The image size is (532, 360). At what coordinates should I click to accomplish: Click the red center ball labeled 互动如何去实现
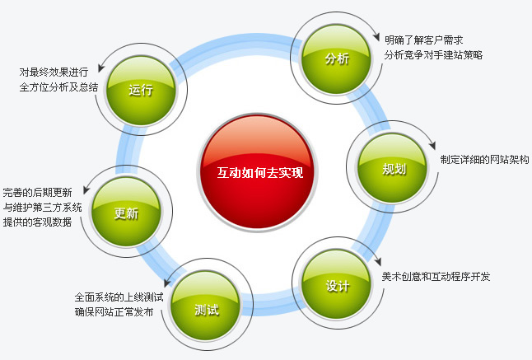pos(258,173)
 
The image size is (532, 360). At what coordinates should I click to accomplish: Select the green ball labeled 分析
pos(336,58)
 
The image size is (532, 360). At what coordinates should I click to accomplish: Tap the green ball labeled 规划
pos(392,168)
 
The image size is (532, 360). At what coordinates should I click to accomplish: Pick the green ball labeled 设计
pos(336,284)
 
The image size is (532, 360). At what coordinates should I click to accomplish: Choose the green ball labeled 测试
pos(205,306)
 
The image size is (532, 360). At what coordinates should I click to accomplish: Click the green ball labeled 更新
pos(126,212)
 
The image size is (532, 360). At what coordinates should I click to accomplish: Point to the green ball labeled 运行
pos(141,90)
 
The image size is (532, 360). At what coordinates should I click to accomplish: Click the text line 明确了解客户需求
pos(424,40)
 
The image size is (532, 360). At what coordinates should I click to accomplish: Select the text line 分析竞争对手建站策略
pos(433,55)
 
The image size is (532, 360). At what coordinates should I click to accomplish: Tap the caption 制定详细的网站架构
pos(484,160)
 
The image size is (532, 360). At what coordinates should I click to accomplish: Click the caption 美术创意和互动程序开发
pos(436,277)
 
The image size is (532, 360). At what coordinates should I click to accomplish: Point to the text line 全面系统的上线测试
pos(119,297)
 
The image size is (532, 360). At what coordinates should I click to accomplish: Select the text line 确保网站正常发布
pos(114,312)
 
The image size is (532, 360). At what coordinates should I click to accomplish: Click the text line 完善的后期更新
pos(37,193)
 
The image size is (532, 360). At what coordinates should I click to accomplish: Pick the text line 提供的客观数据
pos(37,222)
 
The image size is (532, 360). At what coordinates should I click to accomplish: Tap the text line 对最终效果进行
pos(54,72)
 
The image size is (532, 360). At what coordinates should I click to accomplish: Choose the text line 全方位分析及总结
pos(58,87)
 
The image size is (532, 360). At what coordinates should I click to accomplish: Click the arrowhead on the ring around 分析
pos(376,36)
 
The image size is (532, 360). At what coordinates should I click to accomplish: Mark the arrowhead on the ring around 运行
pos(101,68)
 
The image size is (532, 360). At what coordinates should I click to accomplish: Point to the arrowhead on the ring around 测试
pos(166,283)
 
